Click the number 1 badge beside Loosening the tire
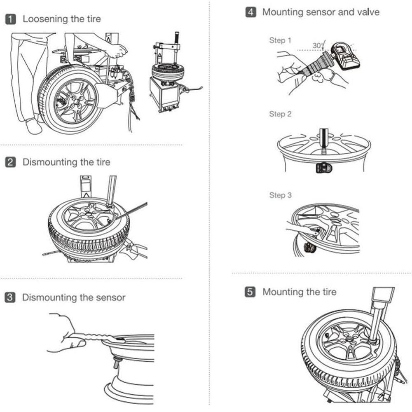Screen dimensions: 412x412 point(11,19)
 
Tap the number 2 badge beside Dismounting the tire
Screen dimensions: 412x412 point(11,162)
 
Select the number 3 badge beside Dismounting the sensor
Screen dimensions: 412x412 point(10,297)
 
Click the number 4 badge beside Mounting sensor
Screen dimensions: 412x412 point(250,12)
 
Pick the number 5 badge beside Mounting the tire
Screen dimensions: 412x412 point(250,292)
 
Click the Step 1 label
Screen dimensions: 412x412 point(280,40)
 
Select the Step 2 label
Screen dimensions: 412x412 point(280,114)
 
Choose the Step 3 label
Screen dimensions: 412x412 point(280,195)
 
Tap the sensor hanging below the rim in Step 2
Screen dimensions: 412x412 point(324,168)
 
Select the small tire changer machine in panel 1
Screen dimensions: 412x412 point(171,74)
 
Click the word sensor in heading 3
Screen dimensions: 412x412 point(110,298)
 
